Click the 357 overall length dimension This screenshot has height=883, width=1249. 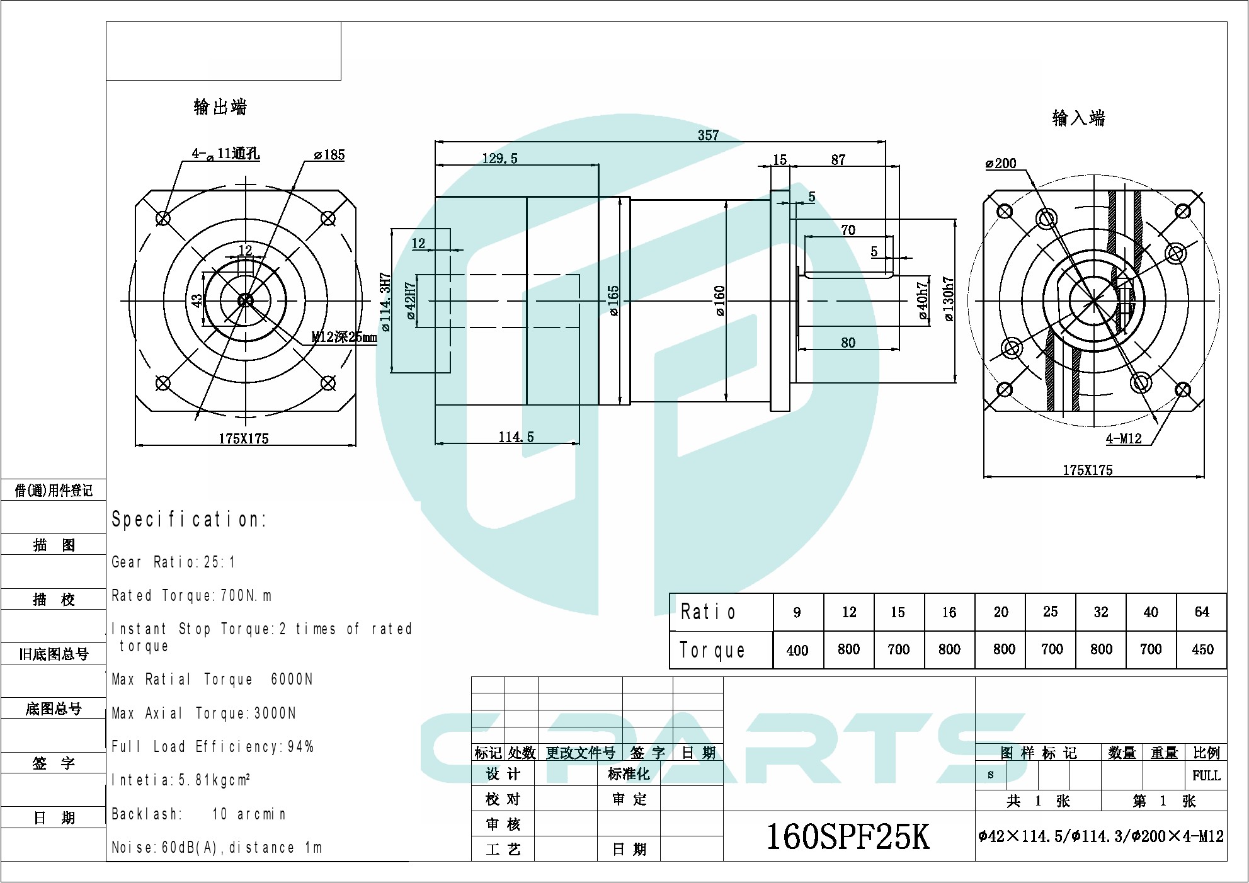click(x=708, y=135)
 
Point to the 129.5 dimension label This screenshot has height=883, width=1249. click(x=499, y=159)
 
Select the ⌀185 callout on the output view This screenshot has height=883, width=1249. click(x=329, y=155)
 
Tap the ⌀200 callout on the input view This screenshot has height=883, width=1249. click(x=1001, y=164)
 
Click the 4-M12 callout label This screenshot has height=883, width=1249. click(x=1124, y=439)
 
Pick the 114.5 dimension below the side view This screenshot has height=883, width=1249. click(x=516, y=437)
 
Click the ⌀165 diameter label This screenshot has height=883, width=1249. click(x=613, y=300)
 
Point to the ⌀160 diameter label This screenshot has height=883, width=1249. click(x=720, y=300)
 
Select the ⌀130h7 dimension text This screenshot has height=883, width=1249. click(x=949, y=299)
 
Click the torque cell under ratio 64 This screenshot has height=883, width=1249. click(x=1202, y=649)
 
